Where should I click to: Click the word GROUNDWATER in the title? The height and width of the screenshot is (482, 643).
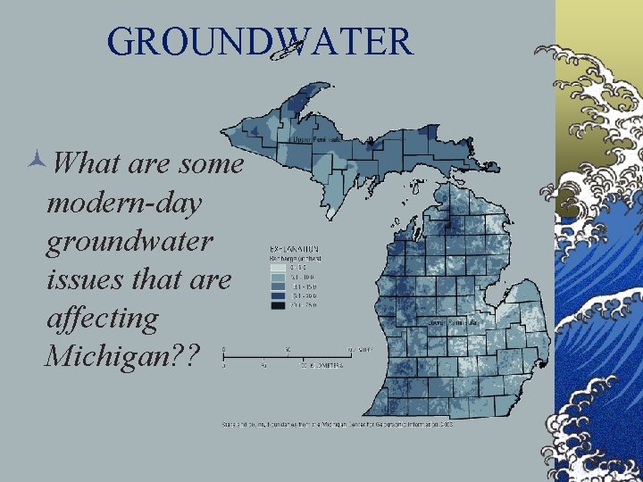click(260, 41)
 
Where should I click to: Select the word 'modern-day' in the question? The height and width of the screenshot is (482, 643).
click(124, 203)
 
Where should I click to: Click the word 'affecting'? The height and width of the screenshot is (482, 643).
click(102, 318)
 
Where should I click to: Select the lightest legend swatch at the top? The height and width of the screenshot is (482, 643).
click(277, 265)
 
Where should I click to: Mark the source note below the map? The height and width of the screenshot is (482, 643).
click(339, 425)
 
